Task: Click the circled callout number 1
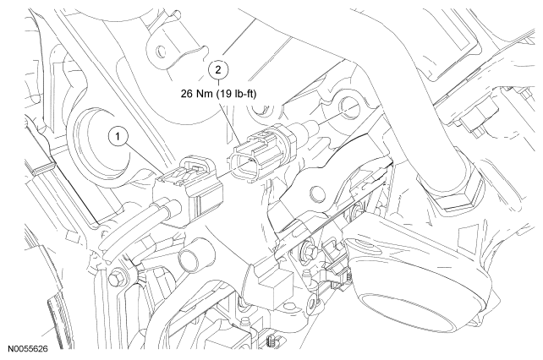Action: pyautogui.click(x=118, y=137)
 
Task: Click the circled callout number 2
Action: pyautogui.click(x=218, y=69)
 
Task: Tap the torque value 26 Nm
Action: pyautogui.click(x=197, y=94)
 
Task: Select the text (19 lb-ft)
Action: pyautogui.click(x=237, y=94)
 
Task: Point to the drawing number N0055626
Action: pyautogui.click(x=28, y=348)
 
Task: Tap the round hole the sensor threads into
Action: pyautogui.click(x=348, y=107)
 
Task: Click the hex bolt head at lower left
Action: pyautogui.click(x=115, y=278)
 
